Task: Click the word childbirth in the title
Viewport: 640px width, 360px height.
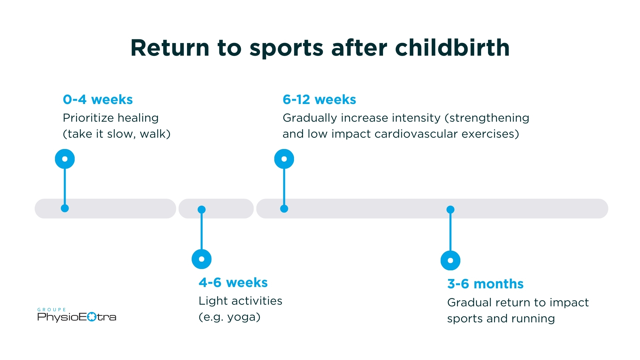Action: pyautogui.click(x=452, y=48)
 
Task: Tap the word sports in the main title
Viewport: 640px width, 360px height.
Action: pyautogui.click(x=286, y=48)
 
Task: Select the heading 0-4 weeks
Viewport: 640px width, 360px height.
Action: pyautogui.click(x=98, y=99)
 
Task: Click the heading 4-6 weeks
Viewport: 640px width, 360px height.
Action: pyautogui.click(x=233, y=282)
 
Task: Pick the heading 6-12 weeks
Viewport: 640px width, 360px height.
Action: pyautogui.click(x=319, y=99)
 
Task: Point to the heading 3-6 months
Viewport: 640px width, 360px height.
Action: pyautogui.click(x=485, y=284)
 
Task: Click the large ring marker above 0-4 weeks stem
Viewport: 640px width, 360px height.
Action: pyautogui.click(x=65, y=159)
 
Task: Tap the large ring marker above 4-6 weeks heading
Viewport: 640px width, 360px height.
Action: pyautogui.click(x=201, y=259)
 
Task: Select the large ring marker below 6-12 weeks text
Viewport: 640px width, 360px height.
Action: pyautogui.click(x=284, y=159)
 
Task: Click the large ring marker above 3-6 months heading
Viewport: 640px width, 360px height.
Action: pyautogui.click(x=450, y=260)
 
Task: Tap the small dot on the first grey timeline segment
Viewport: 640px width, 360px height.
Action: pyautogui.click(x=65, y=208)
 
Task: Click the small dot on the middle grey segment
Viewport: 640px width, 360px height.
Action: pyautogui.click(x=201, y=209)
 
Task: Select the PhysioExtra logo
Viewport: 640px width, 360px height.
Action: pyautogui.click(x=77, y=316)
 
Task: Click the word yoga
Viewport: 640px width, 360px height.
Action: pyautogui.click(x=243, y=317)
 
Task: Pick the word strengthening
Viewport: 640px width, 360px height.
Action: pyautogui.click(x=489, y=118)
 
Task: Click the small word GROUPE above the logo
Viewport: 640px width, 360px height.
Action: pyautogui.click(x=52, y=310)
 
